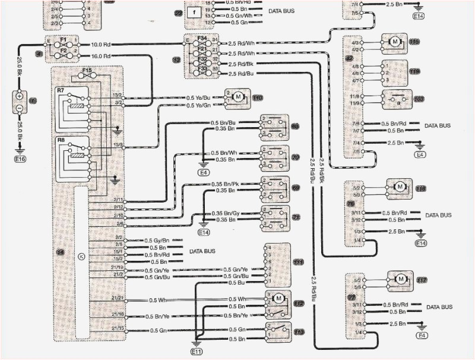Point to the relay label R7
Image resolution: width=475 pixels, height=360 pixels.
pyautogui.click(x=61, y=90)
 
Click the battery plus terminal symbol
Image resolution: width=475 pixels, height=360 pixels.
pyautogui.click(x=19, y=96)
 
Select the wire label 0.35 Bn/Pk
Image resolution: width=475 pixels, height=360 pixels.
pyautogui.click(x=226, y=184)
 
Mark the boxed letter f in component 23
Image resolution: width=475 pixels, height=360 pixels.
pyautogui.click(x=193, y=11)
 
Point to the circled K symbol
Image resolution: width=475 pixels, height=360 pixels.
pyautogui.click(x=81, y=256)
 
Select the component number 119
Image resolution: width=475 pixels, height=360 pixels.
pyautogui.click(x=414, y=42)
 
